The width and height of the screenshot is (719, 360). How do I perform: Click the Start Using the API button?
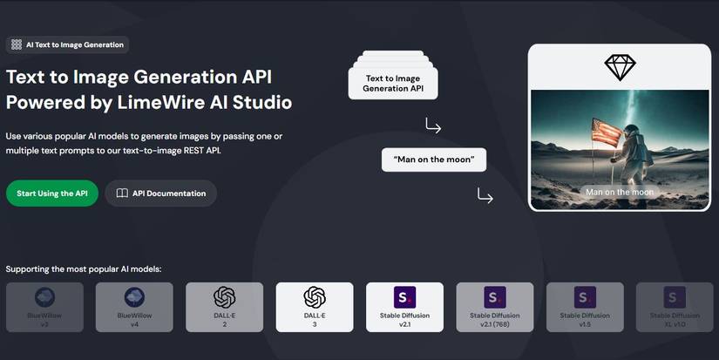[x=51, y=194]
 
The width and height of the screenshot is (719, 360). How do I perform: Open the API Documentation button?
[x=161, y=194]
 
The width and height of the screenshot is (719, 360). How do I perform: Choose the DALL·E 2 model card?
[x=224, y=307]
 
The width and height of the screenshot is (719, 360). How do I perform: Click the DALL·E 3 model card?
[x=315, y=307]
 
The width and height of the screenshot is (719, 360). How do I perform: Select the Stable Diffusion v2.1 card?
[x=405, y=307]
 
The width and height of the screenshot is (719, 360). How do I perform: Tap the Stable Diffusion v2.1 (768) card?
[x=495, y=307]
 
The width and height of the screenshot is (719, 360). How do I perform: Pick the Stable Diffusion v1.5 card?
[x=585, y=307]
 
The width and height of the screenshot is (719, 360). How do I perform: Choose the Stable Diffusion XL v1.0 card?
[x=675, y=307]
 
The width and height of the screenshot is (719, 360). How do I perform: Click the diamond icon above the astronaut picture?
[x=620, y=67]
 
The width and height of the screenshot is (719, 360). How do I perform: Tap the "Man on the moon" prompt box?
[x=433, y=160]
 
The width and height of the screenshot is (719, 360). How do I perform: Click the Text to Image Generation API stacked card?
[x=392, y=83]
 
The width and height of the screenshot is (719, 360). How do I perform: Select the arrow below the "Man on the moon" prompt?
[x=485, y=195]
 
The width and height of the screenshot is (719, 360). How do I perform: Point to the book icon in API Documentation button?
[x=122, y=194]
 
